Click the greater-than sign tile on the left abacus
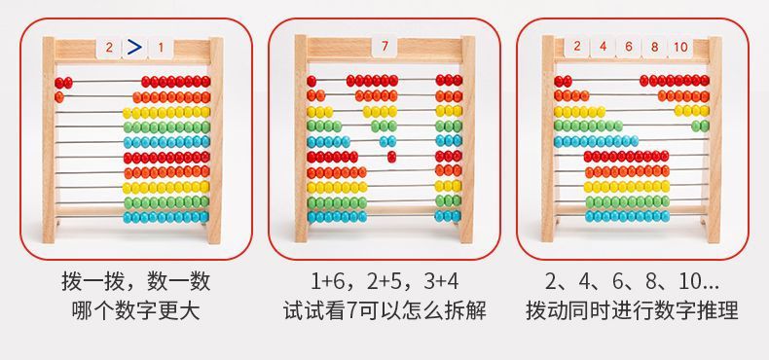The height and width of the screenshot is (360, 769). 134,48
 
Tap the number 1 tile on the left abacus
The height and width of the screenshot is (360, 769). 161,48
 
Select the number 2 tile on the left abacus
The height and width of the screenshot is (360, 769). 109,48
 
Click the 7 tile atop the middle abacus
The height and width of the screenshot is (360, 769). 384,47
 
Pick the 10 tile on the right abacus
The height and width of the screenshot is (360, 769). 680,47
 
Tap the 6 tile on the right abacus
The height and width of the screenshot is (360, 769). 629,47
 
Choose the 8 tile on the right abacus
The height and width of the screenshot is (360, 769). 655,47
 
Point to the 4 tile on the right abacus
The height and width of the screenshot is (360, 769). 603,47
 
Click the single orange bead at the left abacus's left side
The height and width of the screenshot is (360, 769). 59,97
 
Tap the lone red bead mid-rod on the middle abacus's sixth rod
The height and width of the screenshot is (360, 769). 391,157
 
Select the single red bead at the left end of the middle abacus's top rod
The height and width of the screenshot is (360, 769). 311,81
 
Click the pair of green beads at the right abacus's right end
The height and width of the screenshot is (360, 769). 700,126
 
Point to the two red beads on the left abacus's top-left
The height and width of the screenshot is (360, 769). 63,83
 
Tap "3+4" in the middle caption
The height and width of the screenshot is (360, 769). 441,281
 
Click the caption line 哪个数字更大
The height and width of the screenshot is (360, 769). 136,311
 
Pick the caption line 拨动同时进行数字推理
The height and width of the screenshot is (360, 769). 632,311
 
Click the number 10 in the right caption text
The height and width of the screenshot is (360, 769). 689,281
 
